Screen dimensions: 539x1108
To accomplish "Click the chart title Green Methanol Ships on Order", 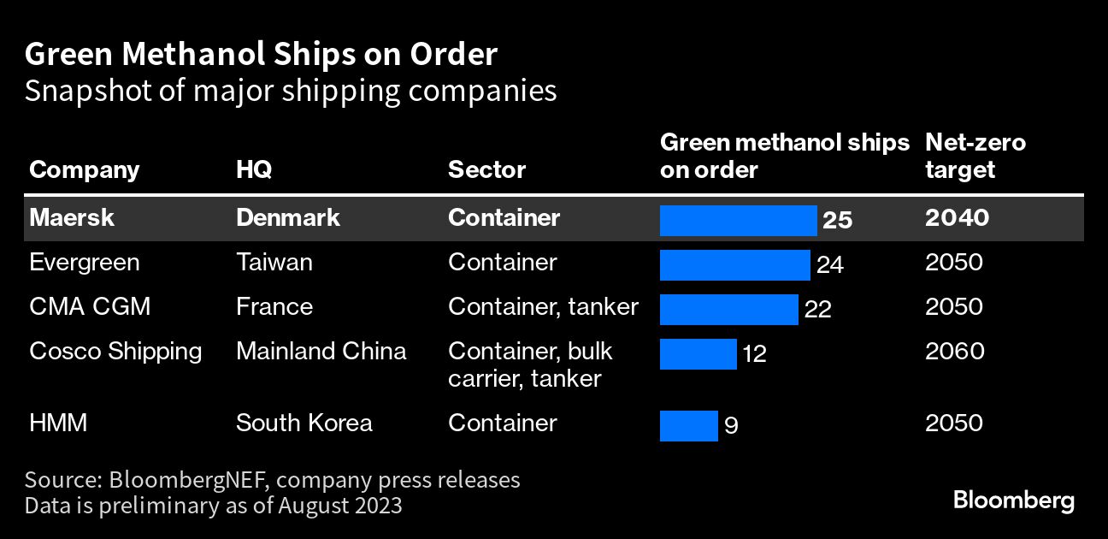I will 261,55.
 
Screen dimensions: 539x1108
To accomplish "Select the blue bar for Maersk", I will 738,220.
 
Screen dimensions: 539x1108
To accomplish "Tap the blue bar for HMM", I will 688,425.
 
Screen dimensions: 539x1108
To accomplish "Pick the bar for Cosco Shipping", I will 698,353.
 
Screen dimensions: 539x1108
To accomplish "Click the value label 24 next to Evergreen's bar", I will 830,265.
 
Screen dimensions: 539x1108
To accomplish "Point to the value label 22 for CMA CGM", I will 818,310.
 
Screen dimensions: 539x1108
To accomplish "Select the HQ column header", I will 254,169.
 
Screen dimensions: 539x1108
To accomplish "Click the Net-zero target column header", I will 975,156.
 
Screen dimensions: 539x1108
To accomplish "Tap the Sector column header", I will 486,169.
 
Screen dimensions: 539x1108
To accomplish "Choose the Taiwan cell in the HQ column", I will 274,262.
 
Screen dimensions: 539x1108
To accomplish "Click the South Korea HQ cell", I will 304,423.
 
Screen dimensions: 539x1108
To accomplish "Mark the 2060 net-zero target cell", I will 953,351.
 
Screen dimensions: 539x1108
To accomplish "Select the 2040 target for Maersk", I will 957,217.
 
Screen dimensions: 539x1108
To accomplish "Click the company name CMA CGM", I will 89,306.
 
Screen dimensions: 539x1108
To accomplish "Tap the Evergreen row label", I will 84,262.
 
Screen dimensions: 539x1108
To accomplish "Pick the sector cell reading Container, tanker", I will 543,306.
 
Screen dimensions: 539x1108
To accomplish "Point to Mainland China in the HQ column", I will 321,351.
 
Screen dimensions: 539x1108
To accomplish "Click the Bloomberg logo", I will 1013,500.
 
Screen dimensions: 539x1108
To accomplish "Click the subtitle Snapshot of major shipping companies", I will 291,91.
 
